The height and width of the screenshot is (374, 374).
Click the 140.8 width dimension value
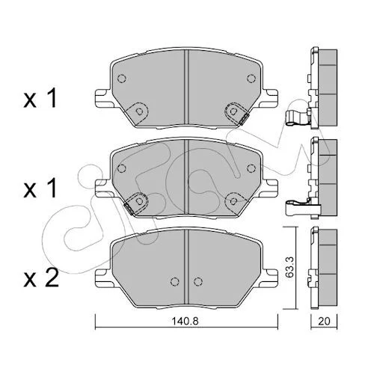(x=185, y=321)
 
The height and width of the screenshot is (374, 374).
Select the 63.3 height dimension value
(x=289, y=268)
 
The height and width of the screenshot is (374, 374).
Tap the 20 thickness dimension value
(x=324, y=321)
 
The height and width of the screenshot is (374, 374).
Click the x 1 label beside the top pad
(x=40, y=99)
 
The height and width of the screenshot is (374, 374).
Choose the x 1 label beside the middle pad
(x=40, y=188)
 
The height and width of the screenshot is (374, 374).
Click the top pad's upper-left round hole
(x=121, y=79)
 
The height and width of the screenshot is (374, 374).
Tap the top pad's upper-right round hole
(x=251, y=79)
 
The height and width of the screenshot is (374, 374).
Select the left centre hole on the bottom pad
(x=175, y=281)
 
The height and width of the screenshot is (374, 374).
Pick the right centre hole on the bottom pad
(x=197, y=281)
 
